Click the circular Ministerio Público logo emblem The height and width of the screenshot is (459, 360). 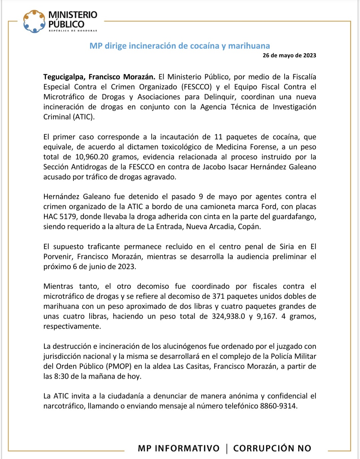(34, 21)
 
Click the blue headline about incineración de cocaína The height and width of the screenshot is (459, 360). (180, 46)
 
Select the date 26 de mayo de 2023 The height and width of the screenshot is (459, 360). (289, 55)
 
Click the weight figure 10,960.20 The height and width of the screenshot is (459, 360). (92, 157)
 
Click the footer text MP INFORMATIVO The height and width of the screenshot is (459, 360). (179, 448)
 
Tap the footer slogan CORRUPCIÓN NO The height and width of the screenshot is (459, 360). (272, 448)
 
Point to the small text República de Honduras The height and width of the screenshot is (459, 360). (73, 31)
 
